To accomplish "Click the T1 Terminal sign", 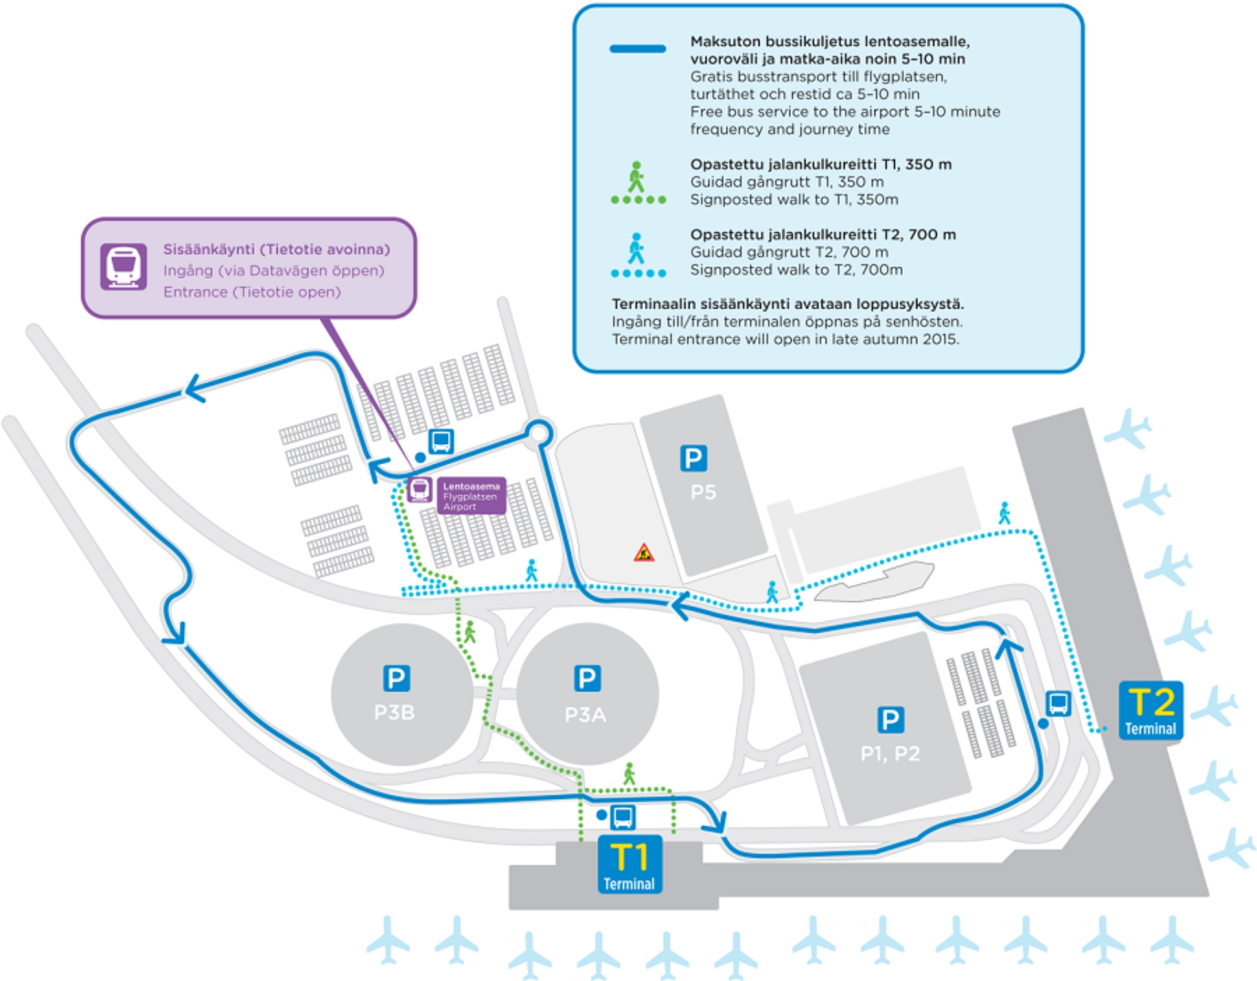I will coord(629,864).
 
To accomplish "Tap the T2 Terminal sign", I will coord(1150,711).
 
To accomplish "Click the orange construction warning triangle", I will coord(644,553).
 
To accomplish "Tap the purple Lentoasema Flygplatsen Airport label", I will coord(471,496).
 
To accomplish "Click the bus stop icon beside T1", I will coord(623,817).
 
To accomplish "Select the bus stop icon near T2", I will coord(1058,703).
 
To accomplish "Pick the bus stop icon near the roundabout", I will coord(441,441).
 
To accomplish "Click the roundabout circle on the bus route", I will coord(539,433).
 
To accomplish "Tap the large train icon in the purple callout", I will coord(123,267).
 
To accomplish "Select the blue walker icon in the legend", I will coord(636,249).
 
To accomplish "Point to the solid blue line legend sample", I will coord(638,49).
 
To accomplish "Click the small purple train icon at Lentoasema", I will coord(420,489).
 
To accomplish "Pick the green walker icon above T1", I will coord(629,773).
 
